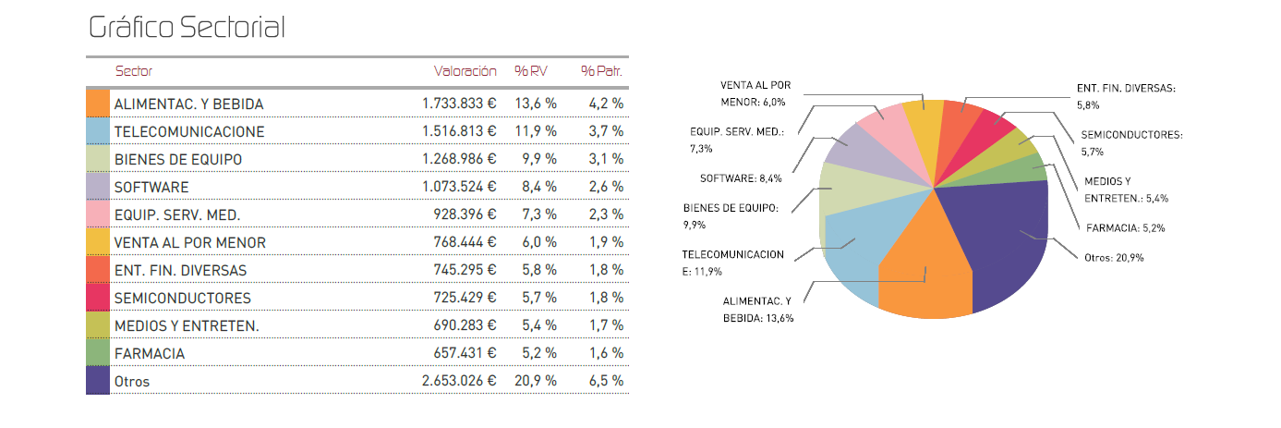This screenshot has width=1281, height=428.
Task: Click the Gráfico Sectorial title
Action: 187,28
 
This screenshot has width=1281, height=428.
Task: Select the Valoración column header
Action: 465,71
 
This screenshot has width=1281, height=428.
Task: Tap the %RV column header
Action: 532,71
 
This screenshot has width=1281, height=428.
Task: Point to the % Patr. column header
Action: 601,71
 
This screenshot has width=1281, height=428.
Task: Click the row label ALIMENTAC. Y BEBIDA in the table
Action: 188,104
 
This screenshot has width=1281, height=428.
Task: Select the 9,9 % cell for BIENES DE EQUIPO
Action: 538,160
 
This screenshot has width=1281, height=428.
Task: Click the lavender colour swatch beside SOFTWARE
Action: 98,187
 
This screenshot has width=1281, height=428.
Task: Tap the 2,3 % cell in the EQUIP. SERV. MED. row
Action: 606,215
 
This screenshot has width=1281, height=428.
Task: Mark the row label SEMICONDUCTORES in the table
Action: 182,299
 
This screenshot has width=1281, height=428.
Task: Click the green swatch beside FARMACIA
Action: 98,353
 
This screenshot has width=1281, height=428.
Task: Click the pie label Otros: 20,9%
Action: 1114,258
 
